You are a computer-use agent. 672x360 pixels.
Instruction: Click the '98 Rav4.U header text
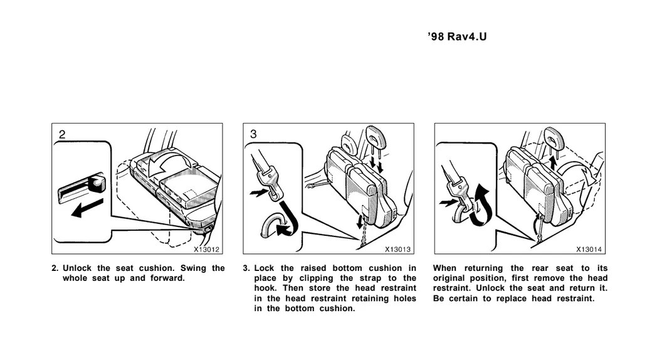[457, 36]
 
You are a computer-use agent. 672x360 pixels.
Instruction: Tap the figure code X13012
[206, 250]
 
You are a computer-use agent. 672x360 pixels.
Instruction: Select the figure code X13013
[398, 250]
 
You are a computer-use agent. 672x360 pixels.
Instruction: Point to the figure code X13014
[589, 250]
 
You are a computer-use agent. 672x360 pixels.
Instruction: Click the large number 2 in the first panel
[62, 134]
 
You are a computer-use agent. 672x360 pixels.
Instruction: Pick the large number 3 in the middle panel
[253, 134]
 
